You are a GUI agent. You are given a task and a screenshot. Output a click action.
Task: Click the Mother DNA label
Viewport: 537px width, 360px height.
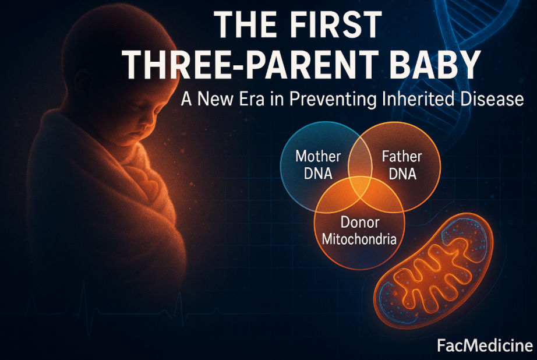[x=318, y=165]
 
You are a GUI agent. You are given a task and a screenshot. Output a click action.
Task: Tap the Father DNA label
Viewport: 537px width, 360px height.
[x=402, y=165]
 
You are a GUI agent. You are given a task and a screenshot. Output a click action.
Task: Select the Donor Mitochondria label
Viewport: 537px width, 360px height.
[x=359, y=231]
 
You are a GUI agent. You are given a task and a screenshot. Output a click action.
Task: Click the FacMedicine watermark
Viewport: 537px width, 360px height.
[x=485, y=345]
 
